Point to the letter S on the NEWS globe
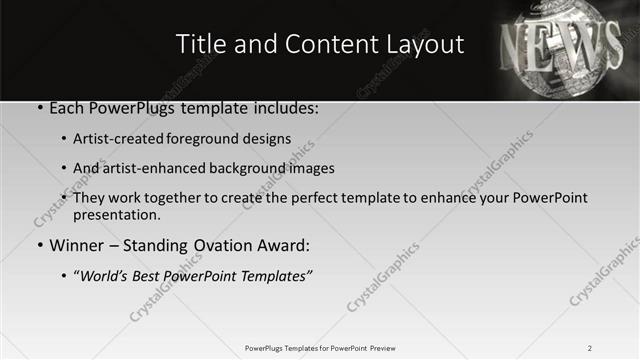609,45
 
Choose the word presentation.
117,214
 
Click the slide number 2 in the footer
589,348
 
